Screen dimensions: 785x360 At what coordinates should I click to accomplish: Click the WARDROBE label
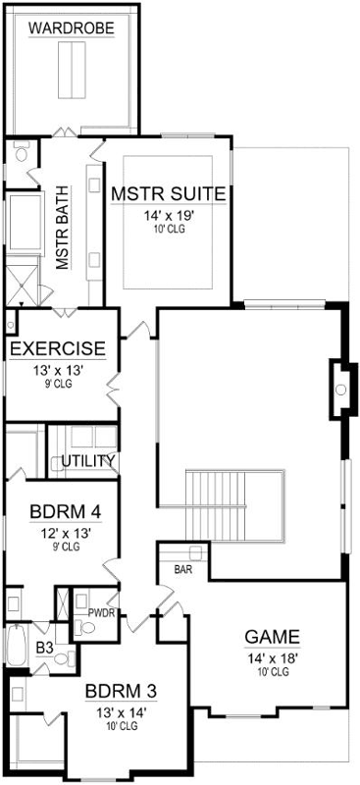72,29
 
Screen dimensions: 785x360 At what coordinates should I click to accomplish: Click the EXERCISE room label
58,348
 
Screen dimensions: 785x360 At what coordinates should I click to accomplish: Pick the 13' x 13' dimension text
58,370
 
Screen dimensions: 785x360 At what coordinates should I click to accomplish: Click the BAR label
182,569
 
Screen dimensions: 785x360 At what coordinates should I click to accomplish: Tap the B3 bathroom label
45,648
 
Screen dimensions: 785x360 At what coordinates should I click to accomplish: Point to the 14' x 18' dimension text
272,657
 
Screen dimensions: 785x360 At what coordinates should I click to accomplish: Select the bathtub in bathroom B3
17,644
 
